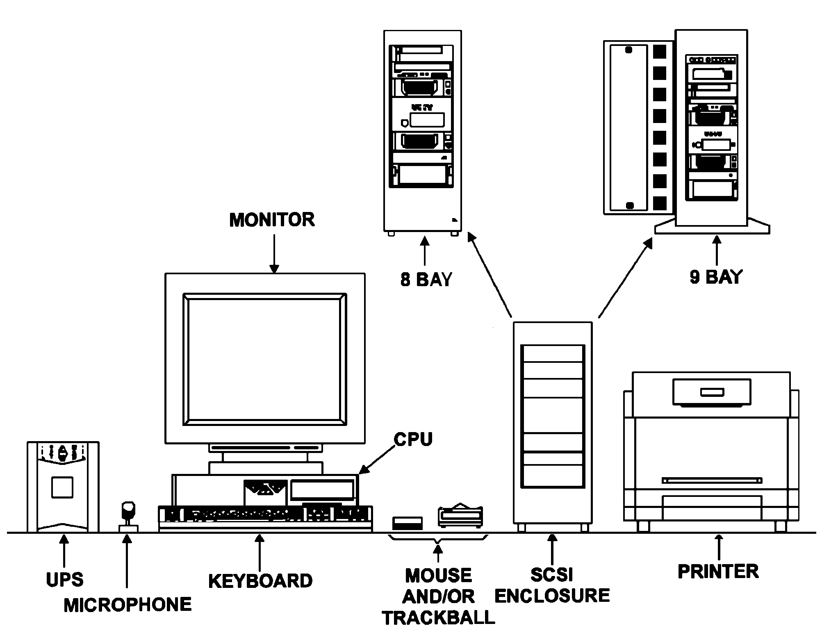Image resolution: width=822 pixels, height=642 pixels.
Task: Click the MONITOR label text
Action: pos(272,220)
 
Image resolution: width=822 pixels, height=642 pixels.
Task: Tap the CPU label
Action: pos(413,439)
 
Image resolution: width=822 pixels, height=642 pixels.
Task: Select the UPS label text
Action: pos(64,580)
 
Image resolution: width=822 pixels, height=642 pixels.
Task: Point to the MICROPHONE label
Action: pos(128,605)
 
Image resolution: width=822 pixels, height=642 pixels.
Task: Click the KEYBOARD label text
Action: pos(260,581)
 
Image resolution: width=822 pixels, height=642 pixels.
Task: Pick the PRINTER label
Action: pos(718,571)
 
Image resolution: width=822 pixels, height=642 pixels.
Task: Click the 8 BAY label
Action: pos(426,280)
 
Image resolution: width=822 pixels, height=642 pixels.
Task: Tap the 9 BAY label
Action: pos(716,278)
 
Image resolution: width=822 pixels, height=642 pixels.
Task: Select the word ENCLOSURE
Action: pos(552,596)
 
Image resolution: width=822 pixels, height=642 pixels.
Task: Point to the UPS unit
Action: pos(63,487)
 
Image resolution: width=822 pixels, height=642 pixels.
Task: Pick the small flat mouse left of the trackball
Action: pos(407,523)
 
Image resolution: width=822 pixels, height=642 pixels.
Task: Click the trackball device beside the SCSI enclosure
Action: pos(460,516)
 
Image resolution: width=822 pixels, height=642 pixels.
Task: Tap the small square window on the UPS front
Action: pos(62,487)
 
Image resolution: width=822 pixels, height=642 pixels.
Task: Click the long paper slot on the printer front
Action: pos(712,480)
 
